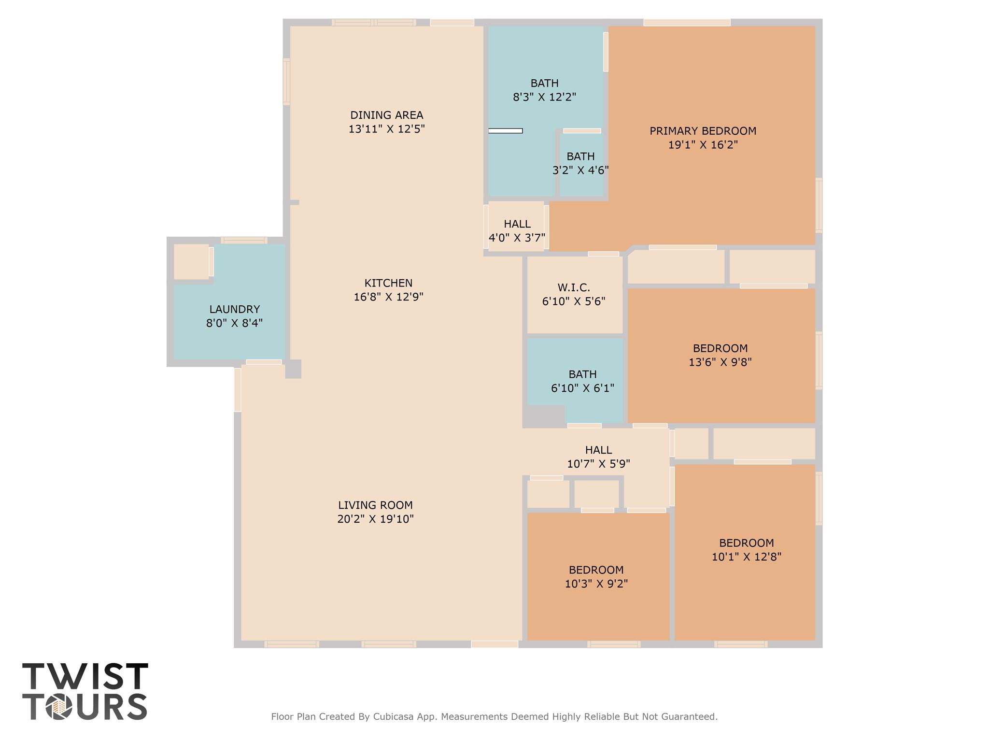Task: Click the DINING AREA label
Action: pyautogui.click(x=386, y=115)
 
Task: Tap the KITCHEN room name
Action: pyautogui.click(x=388, y=283)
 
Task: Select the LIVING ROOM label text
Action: pyautogui.click(x=375, y=505)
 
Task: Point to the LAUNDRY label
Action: pyautogui.click(x=234, y=309)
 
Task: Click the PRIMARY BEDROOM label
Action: pyautogui.click(x=703, y=131)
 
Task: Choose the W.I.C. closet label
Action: pyautogui.click(x=574, y=288)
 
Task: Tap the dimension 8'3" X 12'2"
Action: pyautogui.click(x=544, y=97)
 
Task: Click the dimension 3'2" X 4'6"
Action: pyautogui.click(x=580, y=171)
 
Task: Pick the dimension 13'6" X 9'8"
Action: pyautogui.click(x=720, y=362)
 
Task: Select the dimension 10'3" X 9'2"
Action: pyautogui.click(x=596, y=584)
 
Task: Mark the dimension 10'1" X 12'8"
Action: pyautogui.click(x=746, y=557)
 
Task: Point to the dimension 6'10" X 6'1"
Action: pyautogui.click(x=582, y=388)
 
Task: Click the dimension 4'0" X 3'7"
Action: pyautogui.click(x=517, y=238)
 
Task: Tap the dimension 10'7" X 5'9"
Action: pyautogui.click(x=598, y=464)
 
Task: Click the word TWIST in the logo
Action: pyautogui.click(x=85, y=677)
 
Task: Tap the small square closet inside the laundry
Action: pyautogui.click(x=191, y=261)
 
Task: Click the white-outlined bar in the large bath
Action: pyautogui.click(x=505, y=131)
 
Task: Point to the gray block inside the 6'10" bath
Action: pyautogui.click(x=544, y=416)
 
